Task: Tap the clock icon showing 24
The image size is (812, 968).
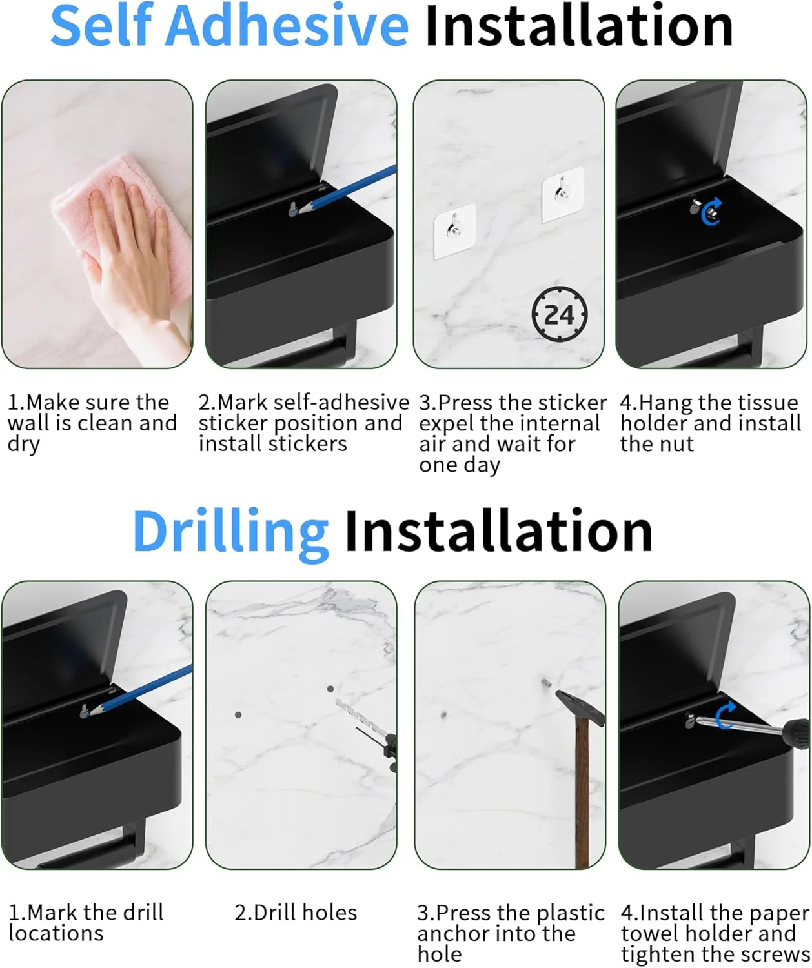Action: click(559, 315)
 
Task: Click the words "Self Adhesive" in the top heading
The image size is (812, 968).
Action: click(229, 25)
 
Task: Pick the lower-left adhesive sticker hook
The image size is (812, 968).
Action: click(455, 230)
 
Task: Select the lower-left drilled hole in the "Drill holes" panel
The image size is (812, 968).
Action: click(238, 715)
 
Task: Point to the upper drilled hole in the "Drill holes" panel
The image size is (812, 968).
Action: click(330, 689)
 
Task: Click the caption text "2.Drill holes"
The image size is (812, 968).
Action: click(296, 913)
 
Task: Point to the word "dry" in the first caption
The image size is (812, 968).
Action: click(24, 445)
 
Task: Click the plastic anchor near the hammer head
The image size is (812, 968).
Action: click(546, 683)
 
